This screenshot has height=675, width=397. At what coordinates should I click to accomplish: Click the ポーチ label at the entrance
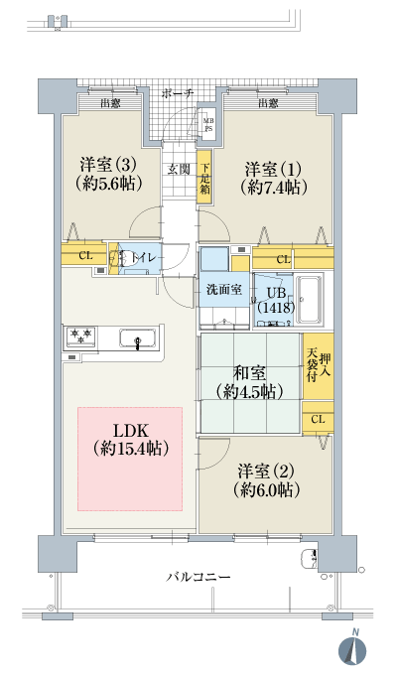pos(178,92)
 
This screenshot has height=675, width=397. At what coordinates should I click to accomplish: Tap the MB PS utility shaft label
pos(208,124)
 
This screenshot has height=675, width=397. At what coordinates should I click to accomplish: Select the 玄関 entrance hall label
pos(179,168)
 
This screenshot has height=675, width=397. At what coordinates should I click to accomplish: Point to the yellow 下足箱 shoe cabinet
pos(204,178)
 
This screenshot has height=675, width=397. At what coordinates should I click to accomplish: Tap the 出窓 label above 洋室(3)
pos(109,103)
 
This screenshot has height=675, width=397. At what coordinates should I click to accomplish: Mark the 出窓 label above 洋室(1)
pos(267,103)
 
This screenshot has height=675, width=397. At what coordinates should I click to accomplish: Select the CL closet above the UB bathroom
pos(284,260)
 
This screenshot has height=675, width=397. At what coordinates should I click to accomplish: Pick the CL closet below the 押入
pos(318,420)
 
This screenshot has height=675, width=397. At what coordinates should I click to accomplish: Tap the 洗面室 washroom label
pos(223,291)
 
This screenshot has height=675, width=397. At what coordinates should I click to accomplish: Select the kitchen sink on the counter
pos(136,340)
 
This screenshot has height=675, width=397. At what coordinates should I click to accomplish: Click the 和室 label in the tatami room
pos(249,373)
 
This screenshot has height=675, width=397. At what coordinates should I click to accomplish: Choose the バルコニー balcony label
pos(198,577)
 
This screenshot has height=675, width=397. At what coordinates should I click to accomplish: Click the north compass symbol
pos(354,646)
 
